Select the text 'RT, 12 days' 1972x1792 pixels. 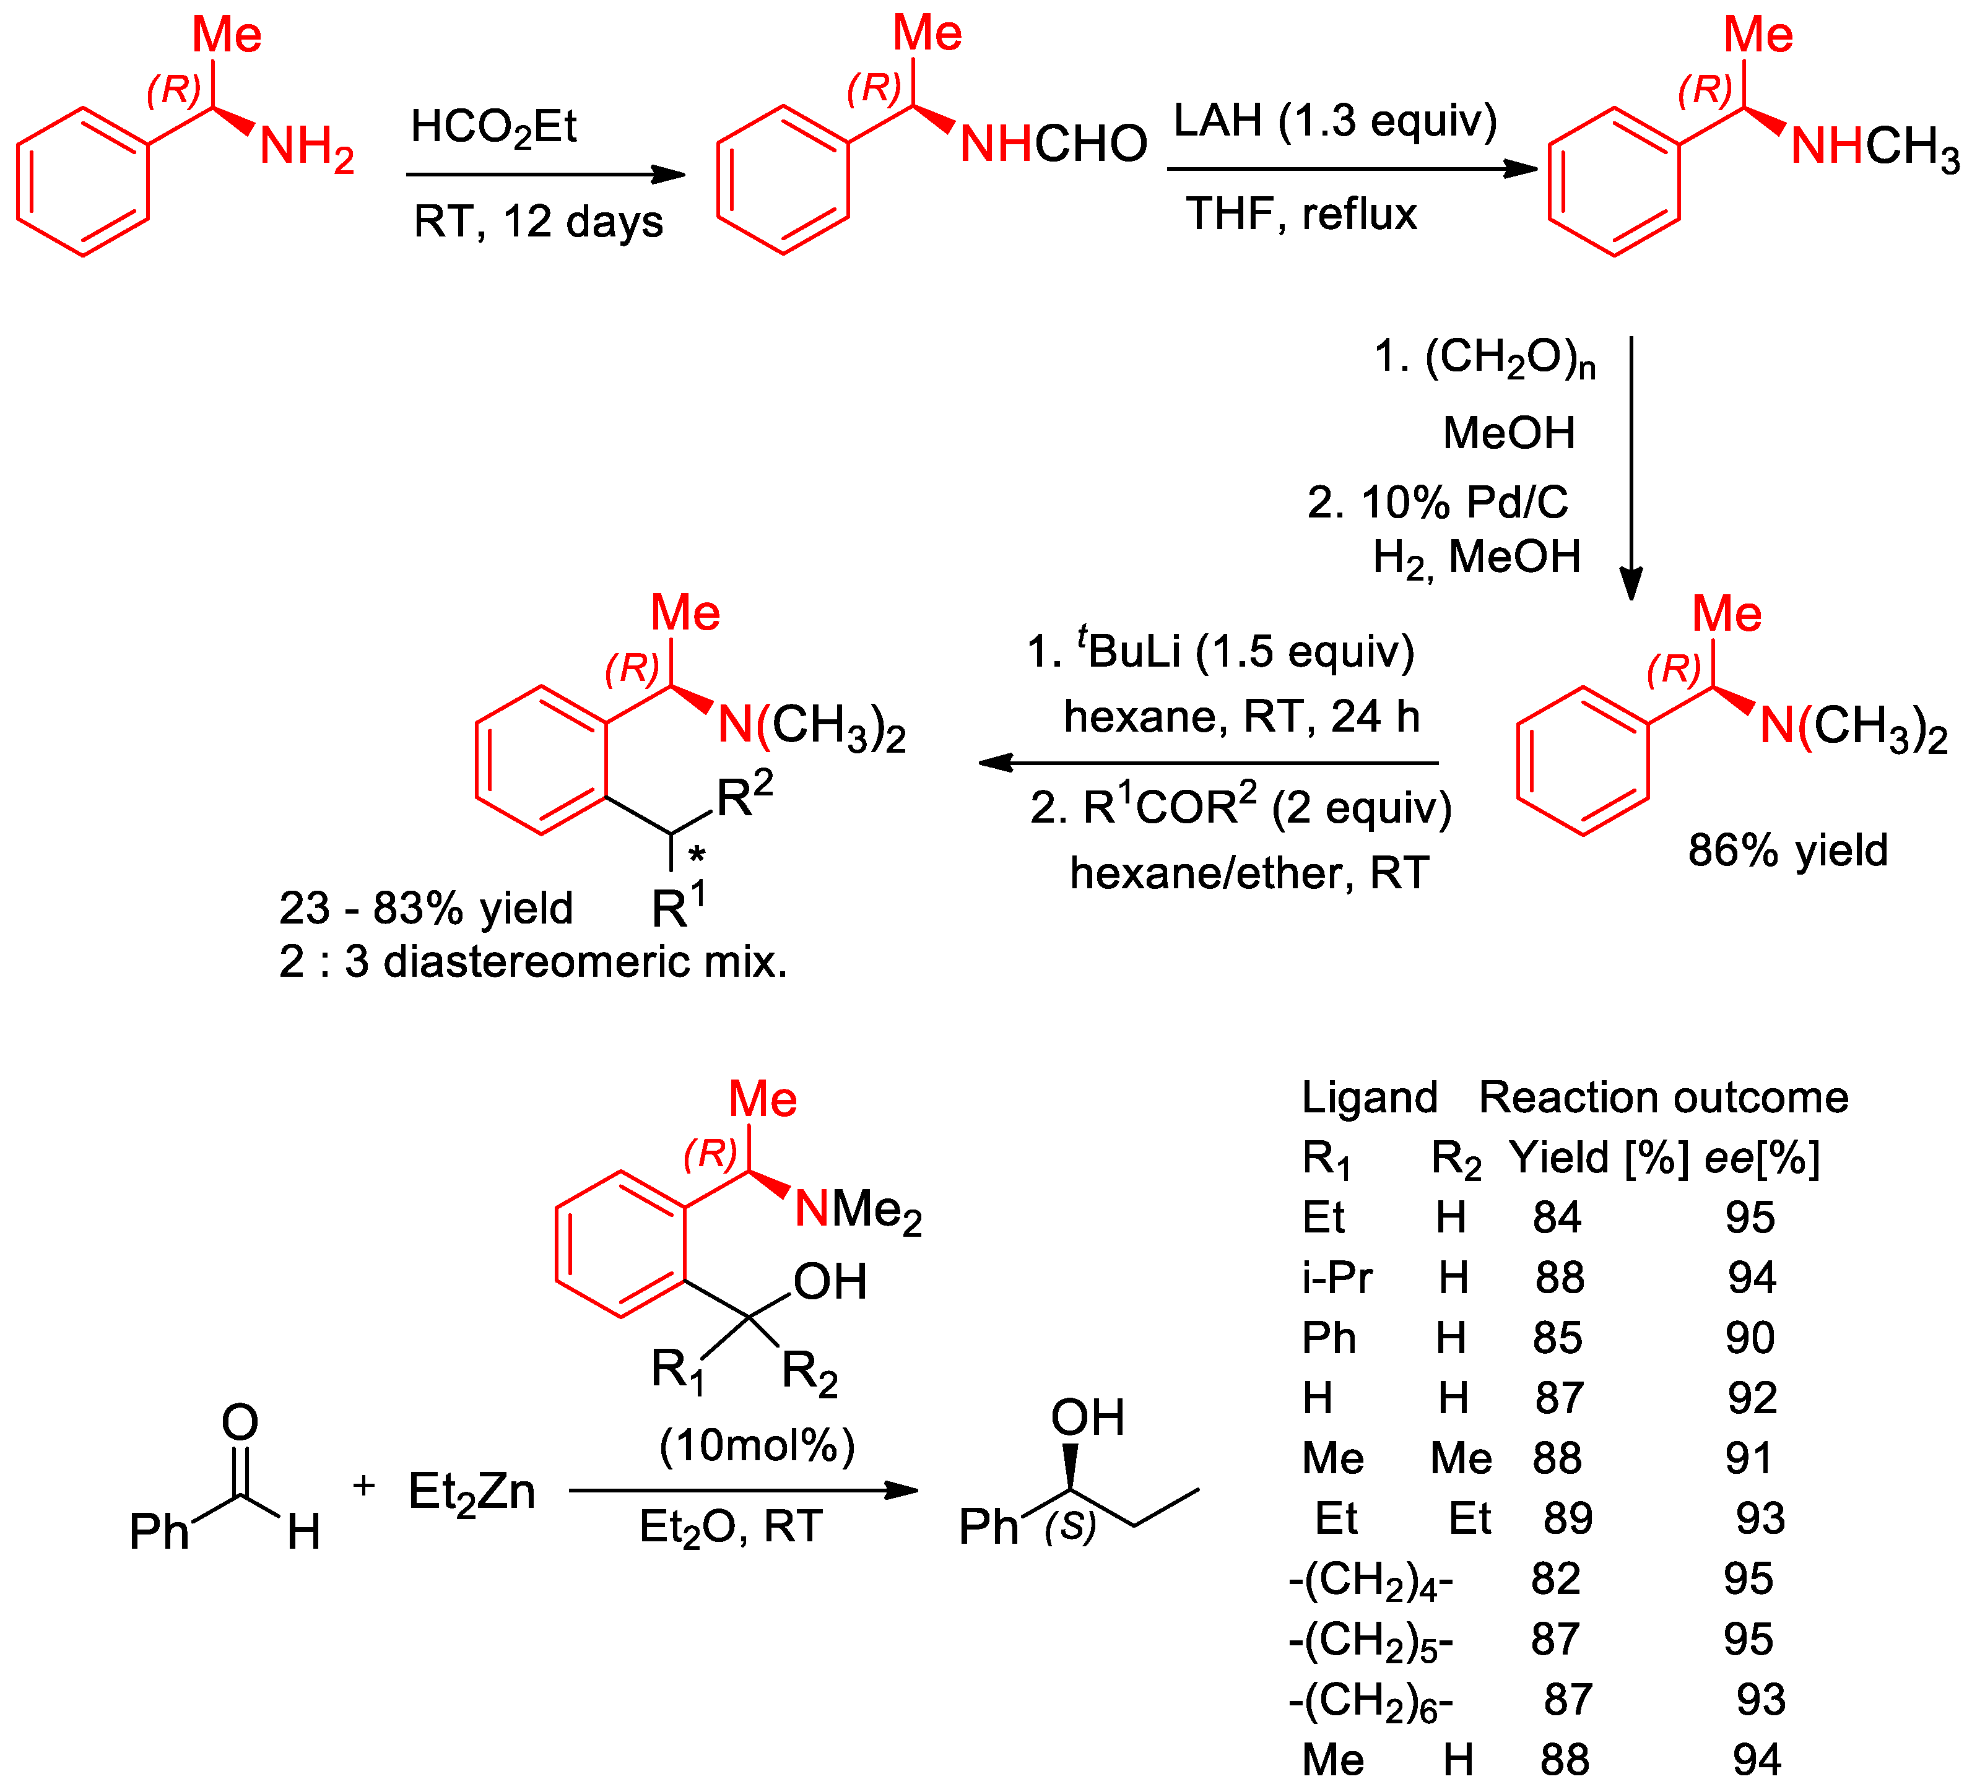pyautogui.click(x=538, y=221)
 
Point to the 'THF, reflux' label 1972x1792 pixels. pyautogui.click(x=1301, y=213)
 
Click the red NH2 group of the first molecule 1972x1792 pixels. pyautogui.click(x=306, y=149)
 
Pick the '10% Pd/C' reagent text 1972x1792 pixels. pyautogui.click(x=1438, y=503)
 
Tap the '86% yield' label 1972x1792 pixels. pyautogui.click(x=1787, y=850)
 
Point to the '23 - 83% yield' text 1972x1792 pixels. pyautogui.click(x=425, y=907)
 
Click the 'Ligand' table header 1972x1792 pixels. pyautogui.click(x=1370, y=1097)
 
